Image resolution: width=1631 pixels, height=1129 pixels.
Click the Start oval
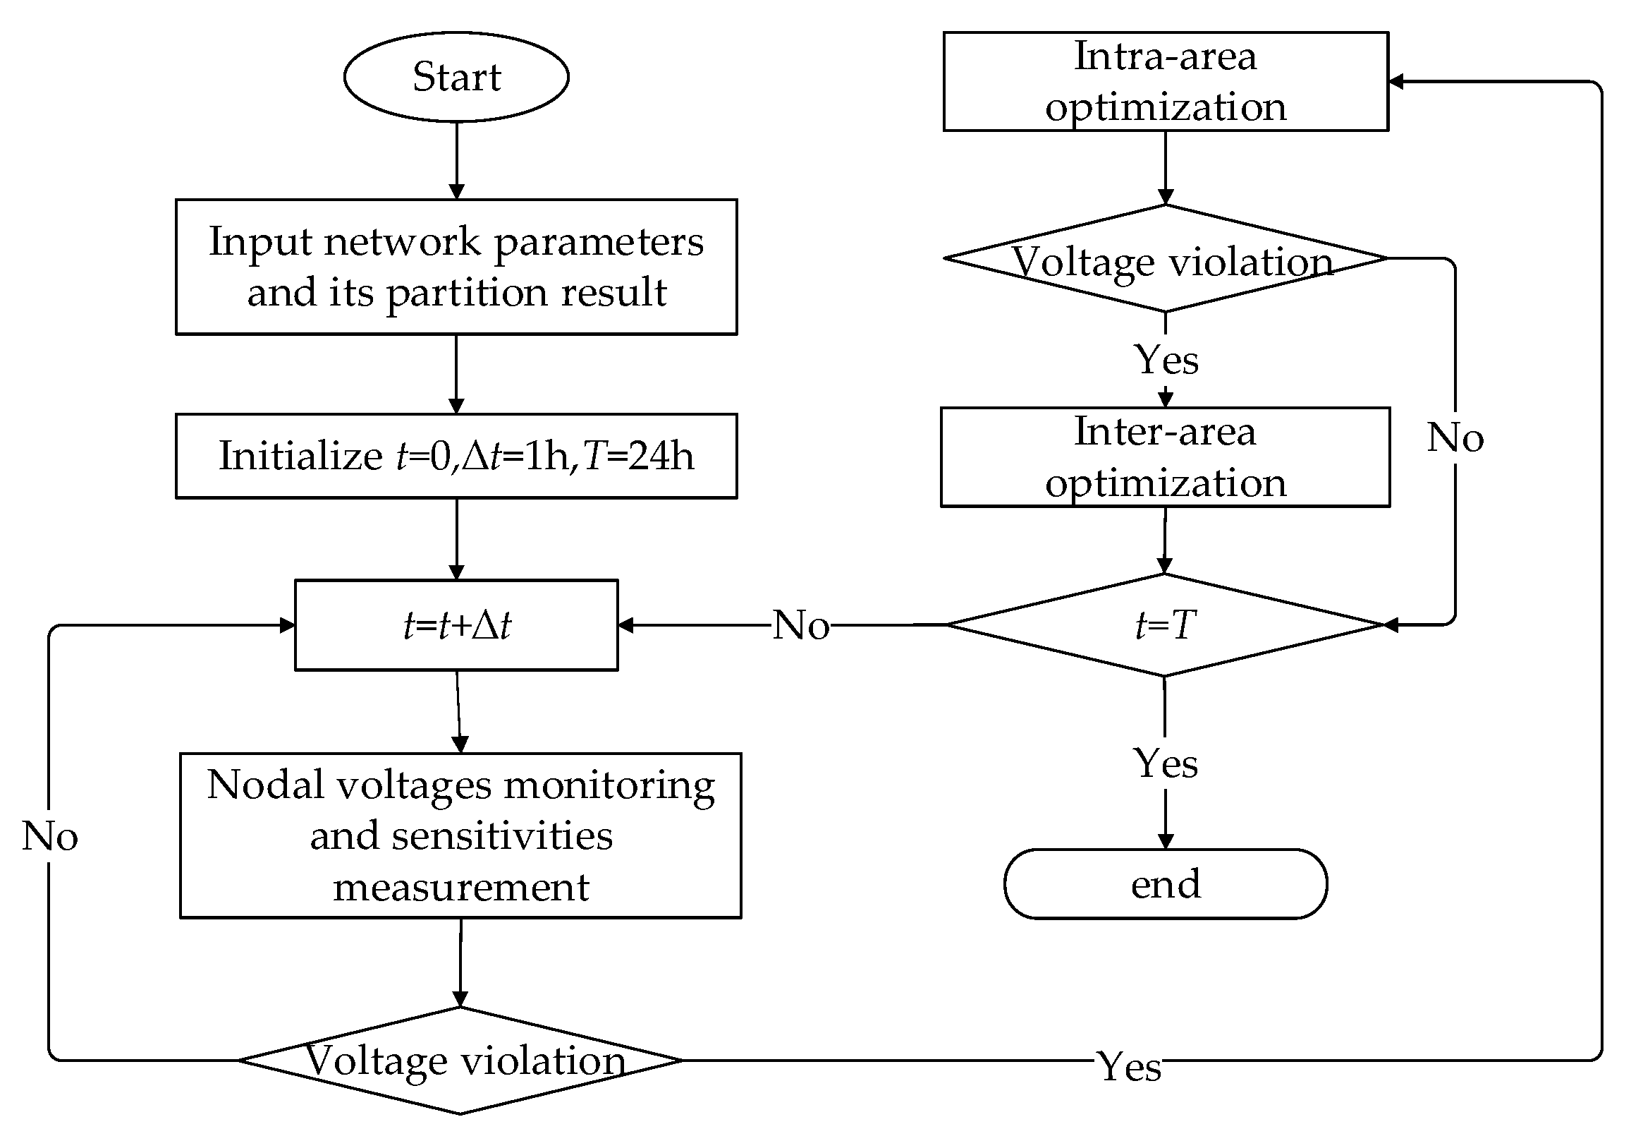point(456,76)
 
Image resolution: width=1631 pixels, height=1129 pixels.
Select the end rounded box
point(1165,883)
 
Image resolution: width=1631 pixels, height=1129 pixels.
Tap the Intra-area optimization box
point(1165,81)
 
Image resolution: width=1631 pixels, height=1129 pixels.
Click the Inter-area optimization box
point(1165,457)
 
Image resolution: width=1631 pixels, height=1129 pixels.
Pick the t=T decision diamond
point(1164,624)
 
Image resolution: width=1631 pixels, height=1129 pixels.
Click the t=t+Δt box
point(456,624)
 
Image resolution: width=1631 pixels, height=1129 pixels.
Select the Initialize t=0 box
point(456,456)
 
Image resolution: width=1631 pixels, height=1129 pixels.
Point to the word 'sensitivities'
point(502,836)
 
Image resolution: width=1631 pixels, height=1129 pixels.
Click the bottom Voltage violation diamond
point(460,1060)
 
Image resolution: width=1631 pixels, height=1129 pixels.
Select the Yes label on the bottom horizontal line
point(1129,1066)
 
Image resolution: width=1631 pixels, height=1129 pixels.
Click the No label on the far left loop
point(49,836)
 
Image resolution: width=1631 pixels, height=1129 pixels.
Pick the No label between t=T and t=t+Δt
point(800,624)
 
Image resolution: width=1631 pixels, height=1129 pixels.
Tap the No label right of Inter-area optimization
point(1455,437)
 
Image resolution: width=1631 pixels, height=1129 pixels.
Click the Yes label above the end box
point(1165,763)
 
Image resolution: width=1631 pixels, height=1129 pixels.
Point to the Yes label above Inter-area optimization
point(1166,359)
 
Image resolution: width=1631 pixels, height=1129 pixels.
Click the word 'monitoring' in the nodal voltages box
point(609,785)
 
